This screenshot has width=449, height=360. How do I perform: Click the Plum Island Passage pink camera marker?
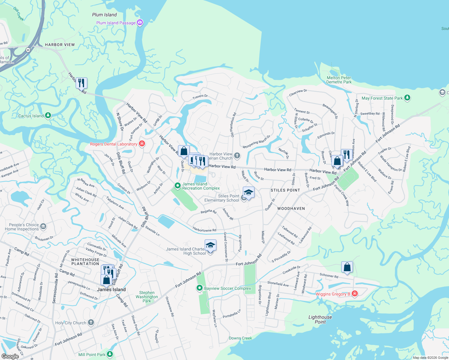(x=140, y=22)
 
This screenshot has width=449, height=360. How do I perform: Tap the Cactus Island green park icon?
(x=48, y=115)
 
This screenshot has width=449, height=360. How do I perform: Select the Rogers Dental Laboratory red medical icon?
(x=142, y=144)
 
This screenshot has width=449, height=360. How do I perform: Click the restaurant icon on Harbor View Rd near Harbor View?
(x=81, y=82)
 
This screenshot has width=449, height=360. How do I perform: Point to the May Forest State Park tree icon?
(x=407, y=98)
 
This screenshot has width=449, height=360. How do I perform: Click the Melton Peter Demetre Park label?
(x=339, y=80)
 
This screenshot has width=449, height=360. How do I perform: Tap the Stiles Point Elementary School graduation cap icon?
(x=249, y=192)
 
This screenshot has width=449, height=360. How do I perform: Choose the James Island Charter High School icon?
(x=210, y=245)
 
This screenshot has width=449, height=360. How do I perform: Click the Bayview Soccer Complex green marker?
(x=199, y=288)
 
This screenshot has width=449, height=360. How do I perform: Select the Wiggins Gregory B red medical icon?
(x=354, y=294)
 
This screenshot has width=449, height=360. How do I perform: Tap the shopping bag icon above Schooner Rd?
(x=347, y=267)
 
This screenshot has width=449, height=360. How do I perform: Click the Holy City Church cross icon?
(x=91, y=322)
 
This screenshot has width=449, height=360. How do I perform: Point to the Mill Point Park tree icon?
(x=110, y=354)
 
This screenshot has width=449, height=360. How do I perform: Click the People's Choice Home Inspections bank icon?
(x=43, y=226)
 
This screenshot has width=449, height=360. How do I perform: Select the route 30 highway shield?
(x=28, y=50)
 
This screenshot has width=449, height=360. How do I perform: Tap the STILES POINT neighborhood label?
(x=285, y=190)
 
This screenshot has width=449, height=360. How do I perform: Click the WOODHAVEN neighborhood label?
(x=291, y=208)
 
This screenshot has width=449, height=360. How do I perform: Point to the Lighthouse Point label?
(x=320, y=319)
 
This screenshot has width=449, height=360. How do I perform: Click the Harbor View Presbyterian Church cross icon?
(x=237, y=155)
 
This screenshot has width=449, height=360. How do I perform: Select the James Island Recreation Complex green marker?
(x=177, y=186)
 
